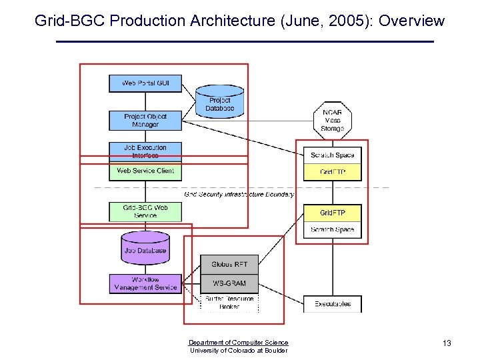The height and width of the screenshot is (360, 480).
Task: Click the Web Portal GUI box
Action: tap(145, 83)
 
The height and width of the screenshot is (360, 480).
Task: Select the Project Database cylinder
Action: tap(219, 102)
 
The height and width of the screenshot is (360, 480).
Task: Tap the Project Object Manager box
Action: tap(145, 120)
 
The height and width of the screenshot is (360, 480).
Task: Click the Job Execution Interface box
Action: tap(145, 151)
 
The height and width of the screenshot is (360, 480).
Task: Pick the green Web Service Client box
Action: tap(145, 171)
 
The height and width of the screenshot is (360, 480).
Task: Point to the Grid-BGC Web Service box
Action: tap(145, 211)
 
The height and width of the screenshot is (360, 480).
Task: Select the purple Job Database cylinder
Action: tap(145, 247)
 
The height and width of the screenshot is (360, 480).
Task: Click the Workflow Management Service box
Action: tap(145, 283)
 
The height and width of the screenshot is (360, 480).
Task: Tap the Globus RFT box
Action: tap(229, 265)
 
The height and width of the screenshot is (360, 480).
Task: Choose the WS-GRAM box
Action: tap(229, 283)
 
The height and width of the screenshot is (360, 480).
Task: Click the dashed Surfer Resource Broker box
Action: tap(229, 303)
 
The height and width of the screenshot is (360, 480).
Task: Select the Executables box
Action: tap(332, 304)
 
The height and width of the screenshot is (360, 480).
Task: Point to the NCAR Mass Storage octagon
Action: tap(332, 121)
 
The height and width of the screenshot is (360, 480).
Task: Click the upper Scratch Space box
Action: tap(332, 155)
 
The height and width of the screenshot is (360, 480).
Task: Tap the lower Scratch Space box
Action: tap(332, 230)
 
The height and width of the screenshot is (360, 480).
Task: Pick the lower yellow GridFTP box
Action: tap(332, 213)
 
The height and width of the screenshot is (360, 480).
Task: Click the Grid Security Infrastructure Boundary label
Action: tap(239, 195)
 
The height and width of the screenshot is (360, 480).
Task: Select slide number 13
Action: tap(447, 343)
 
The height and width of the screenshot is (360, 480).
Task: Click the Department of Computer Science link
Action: tap(239, 343)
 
